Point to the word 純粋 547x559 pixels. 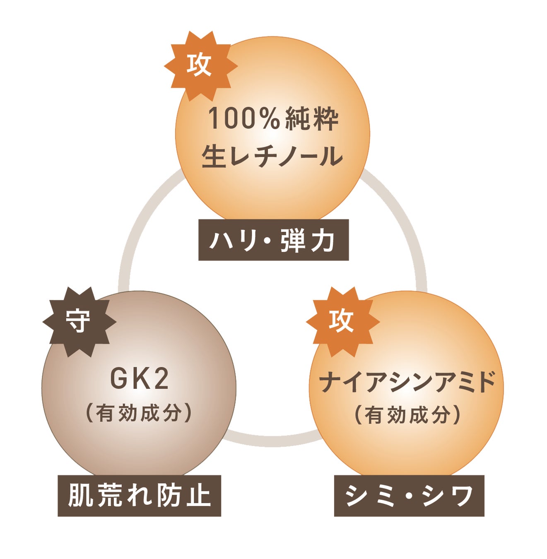point(306,118)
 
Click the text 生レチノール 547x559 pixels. point(272,157)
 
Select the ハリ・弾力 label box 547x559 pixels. point(273,240)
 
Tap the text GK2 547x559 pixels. point(140,378)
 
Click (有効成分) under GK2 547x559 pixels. point(139,413)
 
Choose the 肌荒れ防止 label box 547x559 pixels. point(139,496)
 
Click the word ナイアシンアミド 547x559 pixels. point(407,382)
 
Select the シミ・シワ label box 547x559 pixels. point(409,496)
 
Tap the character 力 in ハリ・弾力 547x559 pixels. point(323,240)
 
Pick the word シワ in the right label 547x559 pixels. point(448,496)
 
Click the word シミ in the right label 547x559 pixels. point(370,496)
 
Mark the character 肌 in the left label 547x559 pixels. point(82,496)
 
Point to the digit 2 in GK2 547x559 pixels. point(161,378)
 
